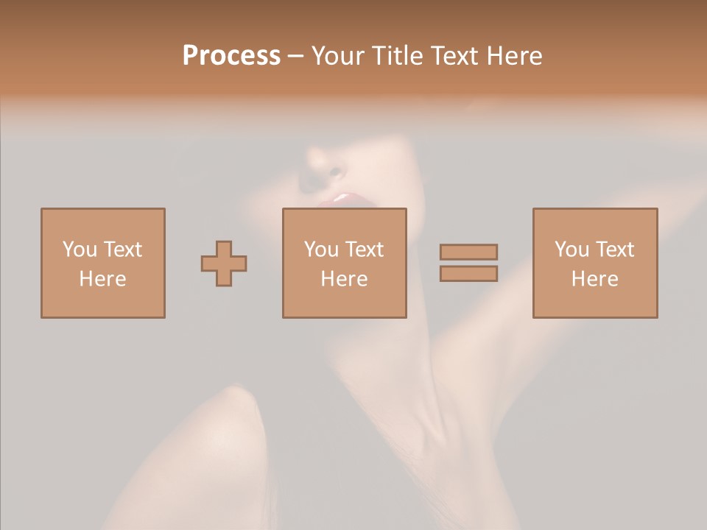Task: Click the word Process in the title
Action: coord(231,56)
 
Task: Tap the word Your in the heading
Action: coord(340,56)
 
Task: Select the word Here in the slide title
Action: coord(513,56)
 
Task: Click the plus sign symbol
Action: coord(224,263)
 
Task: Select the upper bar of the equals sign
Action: coord(468,252)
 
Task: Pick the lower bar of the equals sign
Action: coord(468,273)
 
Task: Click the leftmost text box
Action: coord(102,263)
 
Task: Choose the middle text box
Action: coord(344,263)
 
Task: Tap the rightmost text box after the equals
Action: coord(594,263)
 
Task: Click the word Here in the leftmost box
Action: coord(102,279)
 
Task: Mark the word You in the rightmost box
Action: coord(572,250)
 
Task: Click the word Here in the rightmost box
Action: coord(594,279)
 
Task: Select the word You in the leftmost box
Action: coord(80,250)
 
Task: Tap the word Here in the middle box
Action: coord(344,279)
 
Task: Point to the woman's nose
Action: coord(324,166)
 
